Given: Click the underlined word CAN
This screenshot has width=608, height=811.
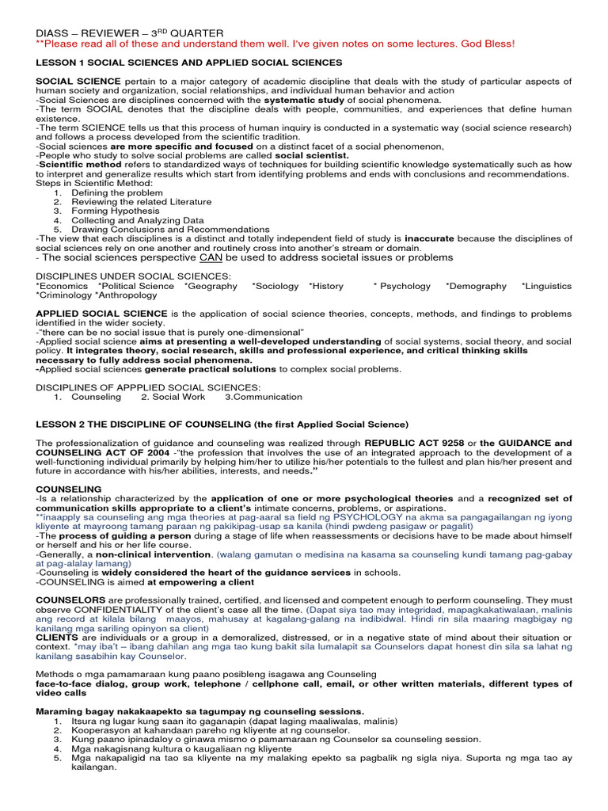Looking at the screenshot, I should [211, 257].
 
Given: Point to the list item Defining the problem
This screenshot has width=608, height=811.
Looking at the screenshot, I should [117, 192].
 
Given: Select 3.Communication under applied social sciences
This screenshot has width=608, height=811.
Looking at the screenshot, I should [264, 397].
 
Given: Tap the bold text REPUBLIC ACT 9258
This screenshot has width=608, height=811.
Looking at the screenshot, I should [411, 442].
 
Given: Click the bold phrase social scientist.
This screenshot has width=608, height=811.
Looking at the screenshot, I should [311, 155].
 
